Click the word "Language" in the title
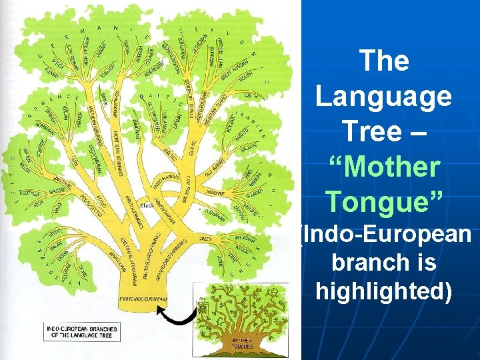coord(383,96)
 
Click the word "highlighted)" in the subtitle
coord(383,291)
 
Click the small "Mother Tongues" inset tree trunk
coord(243,343)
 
